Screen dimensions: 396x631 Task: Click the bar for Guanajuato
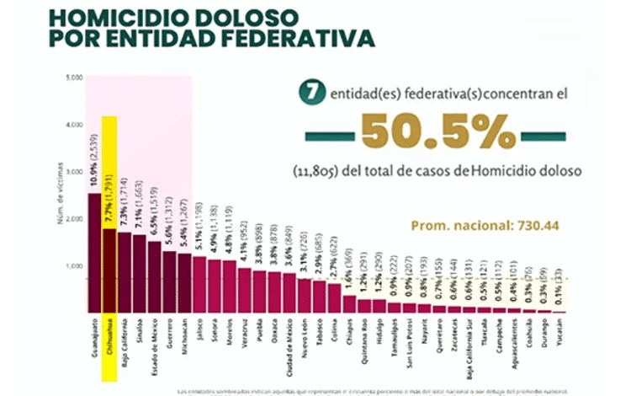(94, 253)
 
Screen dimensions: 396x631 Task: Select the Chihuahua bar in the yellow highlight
(109, 270)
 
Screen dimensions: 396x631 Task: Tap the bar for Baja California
(124, 271)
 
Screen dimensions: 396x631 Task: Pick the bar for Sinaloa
(139, 273)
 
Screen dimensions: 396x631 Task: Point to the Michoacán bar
(184, 282)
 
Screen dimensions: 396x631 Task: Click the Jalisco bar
(199, 284)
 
